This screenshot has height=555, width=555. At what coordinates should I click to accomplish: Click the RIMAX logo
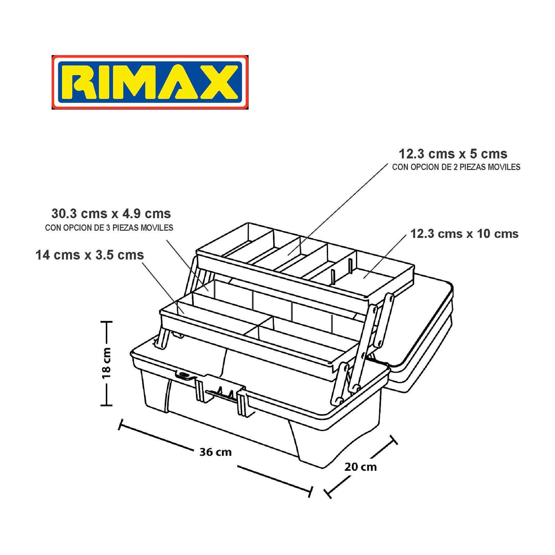150,82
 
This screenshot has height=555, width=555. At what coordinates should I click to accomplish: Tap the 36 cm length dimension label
215,452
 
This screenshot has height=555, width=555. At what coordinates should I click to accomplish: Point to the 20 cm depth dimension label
360,467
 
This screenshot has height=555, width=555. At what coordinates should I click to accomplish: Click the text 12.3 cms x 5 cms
453,154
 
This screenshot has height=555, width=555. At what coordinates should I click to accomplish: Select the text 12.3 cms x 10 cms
464,233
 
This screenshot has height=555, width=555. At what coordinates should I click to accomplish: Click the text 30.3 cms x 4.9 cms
111,213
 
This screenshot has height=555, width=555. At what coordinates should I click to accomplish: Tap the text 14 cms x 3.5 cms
89,255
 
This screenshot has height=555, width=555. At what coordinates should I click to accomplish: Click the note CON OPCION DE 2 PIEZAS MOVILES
456,167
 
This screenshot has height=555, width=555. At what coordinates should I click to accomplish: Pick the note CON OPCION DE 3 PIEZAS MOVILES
109,228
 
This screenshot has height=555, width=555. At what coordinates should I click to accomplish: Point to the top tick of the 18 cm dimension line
106,322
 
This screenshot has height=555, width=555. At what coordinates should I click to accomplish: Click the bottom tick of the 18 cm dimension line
106,404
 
